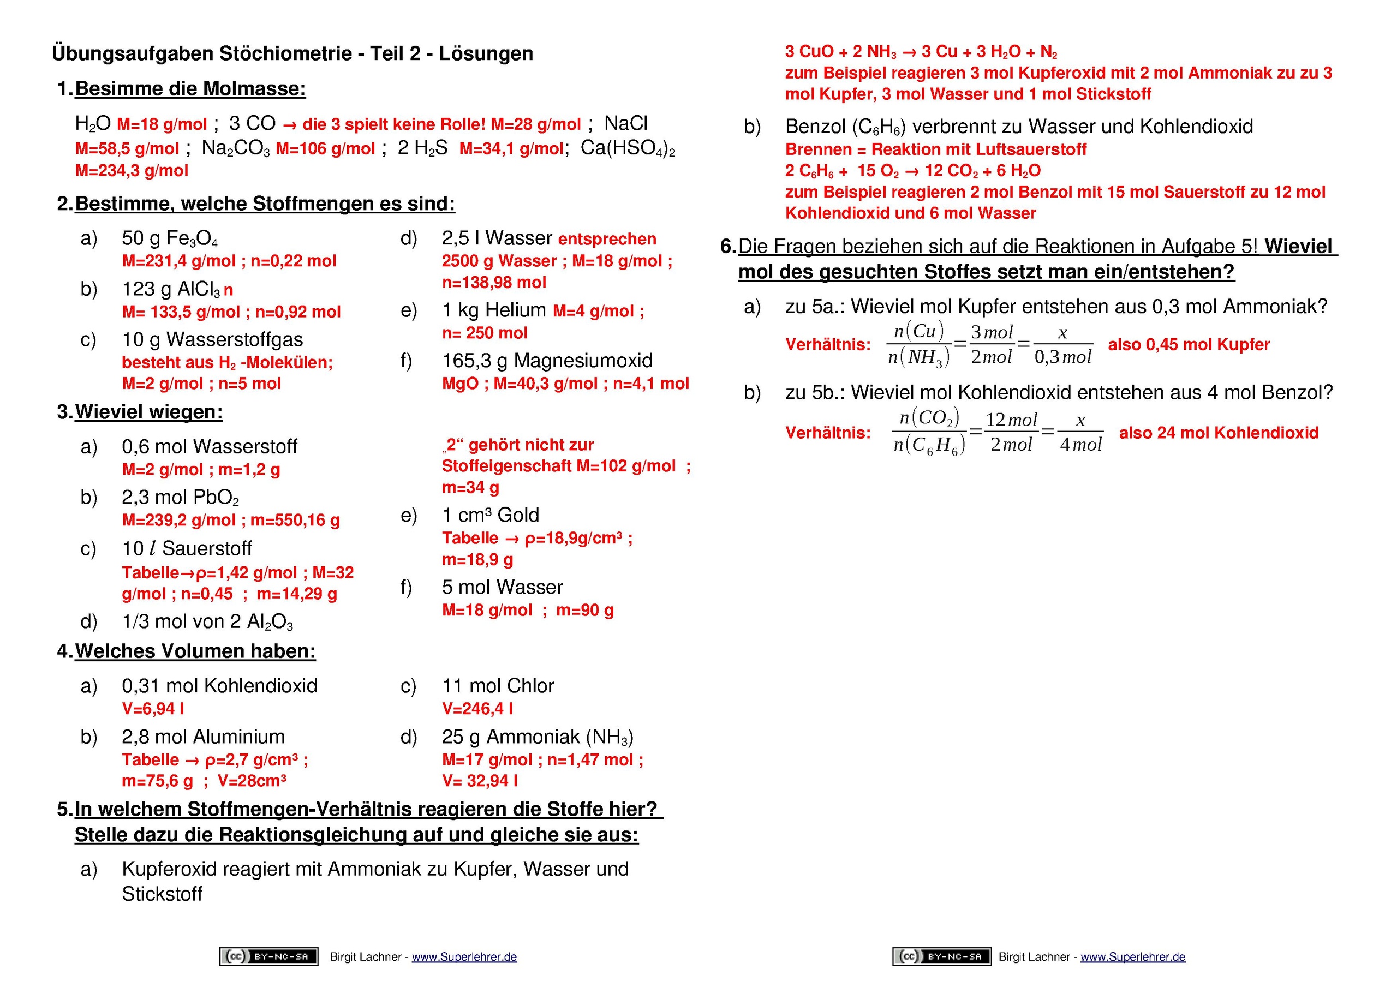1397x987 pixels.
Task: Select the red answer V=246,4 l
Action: click(x=477, y=709)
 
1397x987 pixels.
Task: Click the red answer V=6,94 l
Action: click(x=153, y=709)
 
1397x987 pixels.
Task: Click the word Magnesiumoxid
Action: click(x=583, y=361)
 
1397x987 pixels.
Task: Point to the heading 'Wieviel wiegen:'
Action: click(x=148, y=412)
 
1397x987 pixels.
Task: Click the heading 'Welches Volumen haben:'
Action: click(x=195, y=651)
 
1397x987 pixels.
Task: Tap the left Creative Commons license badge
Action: click(x=268, y=956)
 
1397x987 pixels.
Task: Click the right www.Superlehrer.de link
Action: click(x=1133, y=956)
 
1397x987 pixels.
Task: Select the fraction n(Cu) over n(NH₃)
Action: click(x=919, y=344)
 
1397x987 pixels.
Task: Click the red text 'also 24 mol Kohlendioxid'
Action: click(x=1218, y=433)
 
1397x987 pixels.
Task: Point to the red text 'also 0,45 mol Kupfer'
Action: click(x=1189, y=344)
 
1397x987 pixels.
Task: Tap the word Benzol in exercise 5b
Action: click(x=815, y=127)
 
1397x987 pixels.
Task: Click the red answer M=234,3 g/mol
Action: click(x=132, y=170)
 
